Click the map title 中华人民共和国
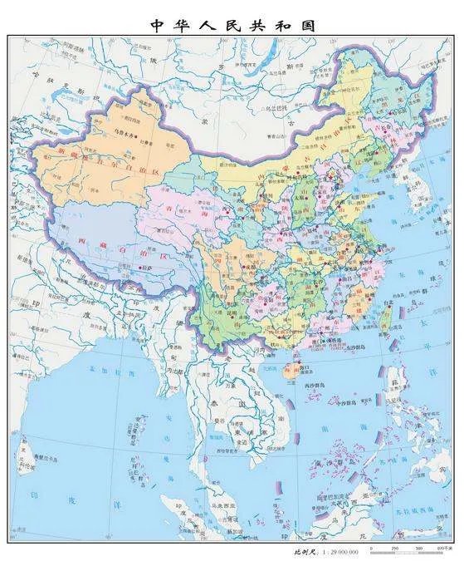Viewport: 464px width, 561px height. [232, 24]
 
